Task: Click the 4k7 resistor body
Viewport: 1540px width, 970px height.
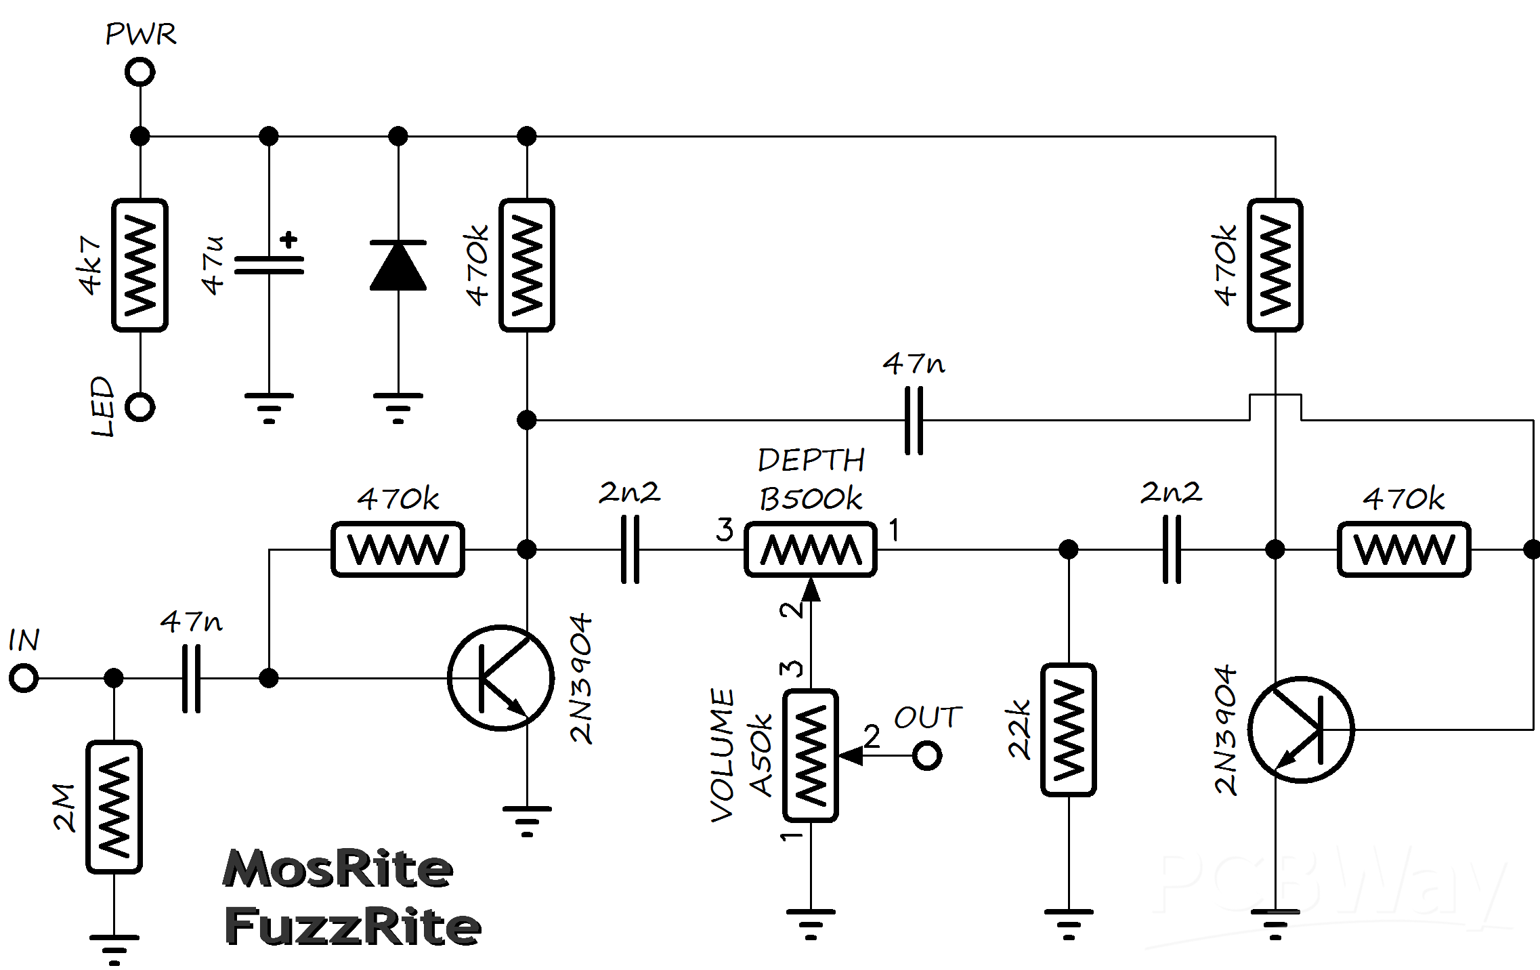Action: point(140,265)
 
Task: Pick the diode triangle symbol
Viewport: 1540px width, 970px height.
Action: point(398,265)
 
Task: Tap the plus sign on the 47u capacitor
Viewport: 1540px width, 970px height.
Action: point(289,239)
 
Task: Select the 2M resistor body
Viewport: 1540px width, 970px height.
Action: point(114,807)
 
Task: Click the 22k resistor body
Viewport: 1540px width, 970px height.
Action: point(1069,730)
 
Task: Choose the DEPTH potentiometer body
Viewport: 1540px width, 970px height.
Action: point(811,549)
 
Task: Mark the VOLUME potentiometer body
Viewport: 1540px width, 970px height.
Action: point(811,755)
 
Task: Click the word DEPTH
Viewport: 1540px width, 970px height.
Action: point(811,461)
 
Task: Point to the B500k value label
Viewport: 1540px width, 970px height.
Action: point(811,499)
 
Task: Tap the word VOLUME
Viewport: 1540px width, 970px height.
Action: point(723,755)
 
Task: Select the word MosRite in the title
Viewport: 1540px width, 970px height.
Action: point(338,868)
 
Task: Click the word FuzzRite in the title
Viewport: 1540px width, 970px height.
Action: point(353,926)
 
